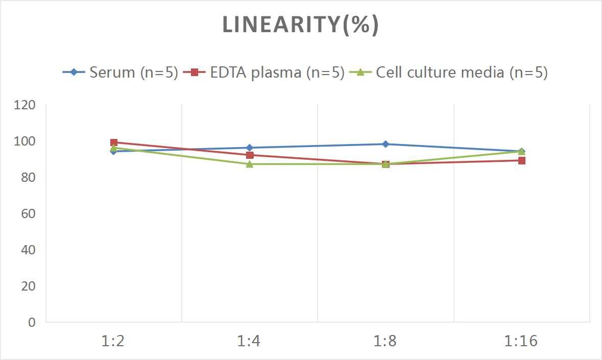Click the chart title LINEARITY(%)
point(300,25)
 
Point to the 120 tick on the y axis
point(25,105)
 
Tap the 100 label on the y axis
point(25,141)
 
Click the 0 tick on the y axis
point(32,322)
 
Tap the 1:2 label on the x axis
point(113,341)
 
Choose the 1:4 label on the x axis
point(249,341)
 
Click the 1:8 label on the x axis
point(386,341)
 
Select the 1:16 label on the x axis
point(521,341)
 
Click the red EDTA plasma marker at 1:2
point(114,143)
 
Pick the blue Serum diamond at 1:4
point(250,148)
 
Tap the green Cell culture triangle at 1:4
point(250,164)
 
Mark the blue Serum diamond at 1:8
point(386,144)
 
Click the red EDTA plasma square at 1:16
point(522,160)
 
